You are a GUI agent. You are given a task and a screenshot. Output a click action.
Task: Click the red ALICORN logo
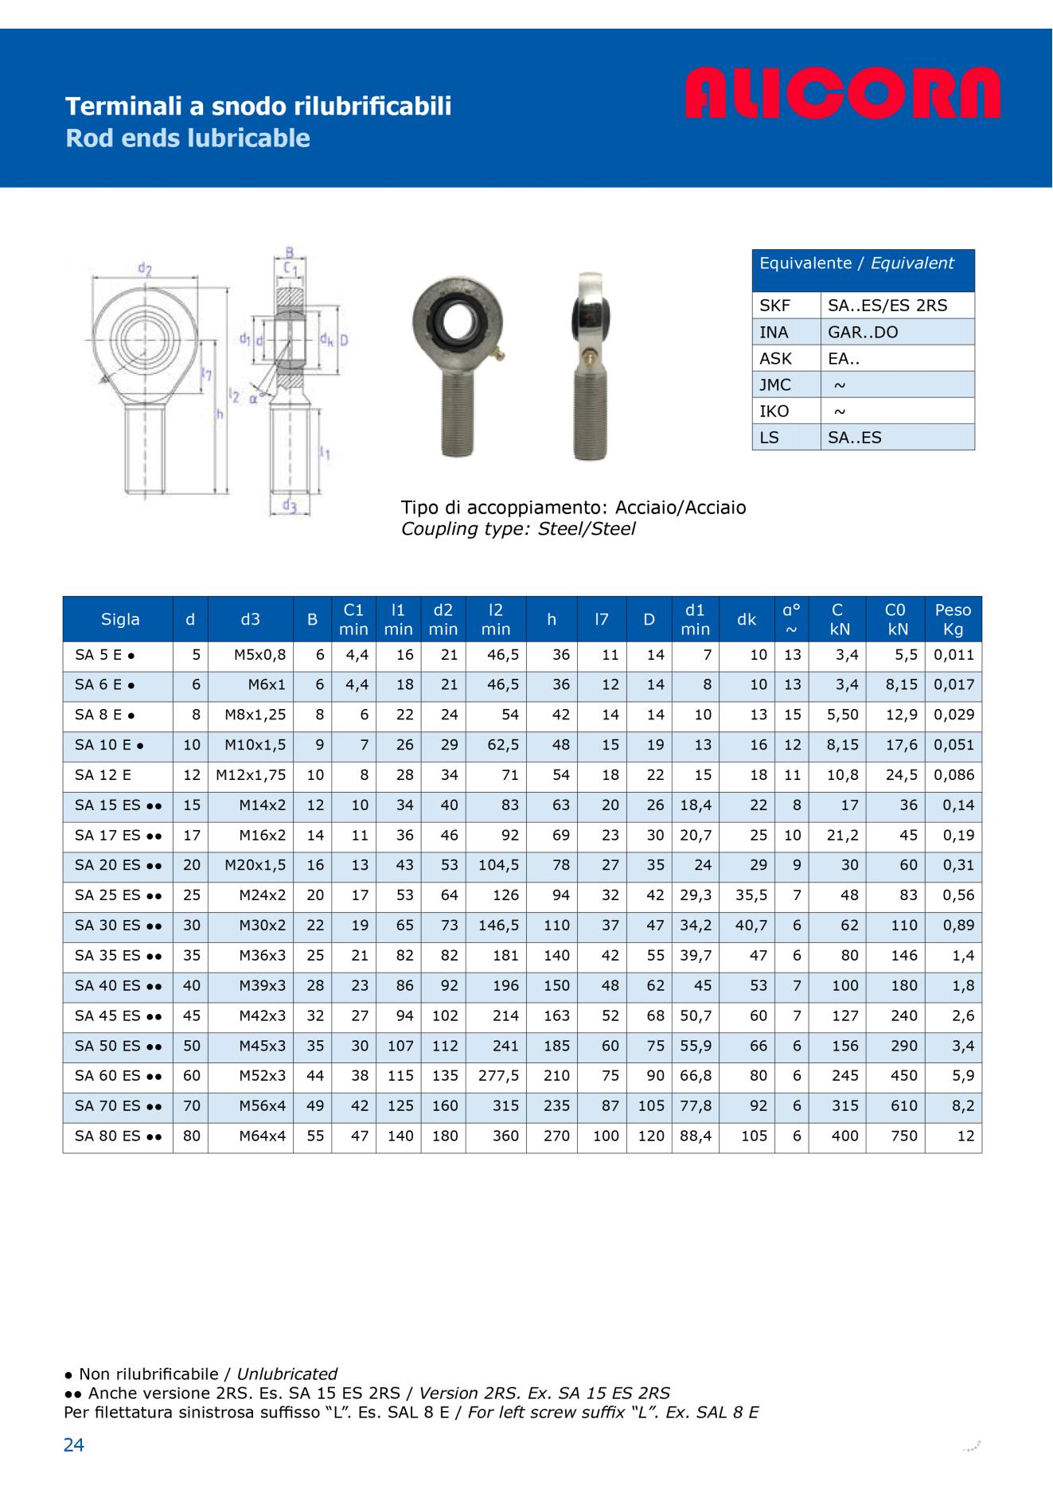[842, 93]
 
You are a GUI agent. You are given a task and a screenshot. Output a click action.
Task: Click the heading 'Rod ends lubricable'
[188, 138]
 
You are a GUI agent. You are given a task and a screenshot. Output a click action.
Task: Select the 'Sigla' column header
[120, 619]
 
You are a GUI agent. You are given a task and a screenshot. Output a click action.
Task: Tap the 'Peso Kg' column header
[953, 619]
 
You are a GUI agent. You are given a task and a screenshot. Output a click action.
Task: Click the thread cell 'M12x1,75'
[251, 775]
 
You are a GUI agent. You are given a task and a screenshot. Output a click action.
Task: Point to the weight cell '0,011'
[954, 655]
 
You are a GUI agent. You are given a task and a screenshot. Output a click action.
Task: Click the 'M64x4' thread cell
[262, 1136]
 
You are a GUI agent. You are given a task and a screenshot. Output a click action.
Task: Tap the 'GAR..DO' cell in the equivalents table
[863, 332]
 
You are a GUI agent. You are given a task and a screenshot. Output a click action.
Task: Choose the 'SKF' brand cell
[774, 306]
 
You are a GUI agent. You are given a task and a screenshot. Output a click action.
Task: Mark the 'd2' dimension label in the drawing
[145, 269]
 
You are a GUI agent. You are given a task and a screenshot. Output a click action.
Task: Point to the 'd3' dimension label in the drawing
[289, 505]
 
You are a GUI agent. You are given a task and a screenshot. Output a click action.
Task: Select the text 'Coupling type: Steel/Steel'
[518, 529]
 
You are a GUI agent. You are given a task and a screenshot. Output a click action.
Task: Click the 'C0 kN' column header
[895, 619]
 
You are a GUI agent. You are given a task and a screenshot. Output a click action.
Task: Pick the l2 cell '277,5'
[497, 1076]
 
